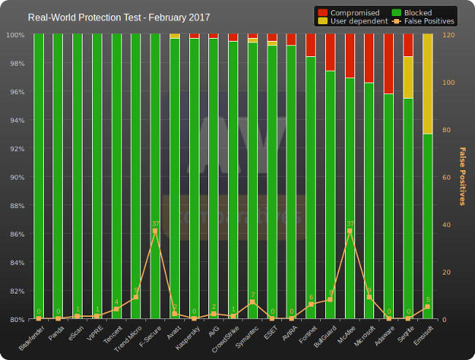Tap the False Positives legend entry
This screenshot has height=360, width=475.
424,22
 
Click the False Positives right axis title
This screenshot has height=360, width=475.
462,176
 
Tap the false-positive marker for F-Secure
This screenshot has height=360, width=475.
155,231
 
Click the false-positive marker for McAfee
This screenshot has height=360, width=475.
349,231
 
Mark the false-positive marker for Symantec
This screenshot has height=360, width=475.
252,302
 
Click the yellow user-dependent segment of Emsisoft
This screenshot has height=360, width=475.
427,84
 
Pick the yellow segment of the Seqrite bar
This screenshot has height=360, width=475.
408,77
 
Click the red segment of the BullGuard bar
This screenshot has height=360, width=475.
330,52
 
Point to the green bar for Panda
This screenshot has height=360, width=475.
58,175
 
